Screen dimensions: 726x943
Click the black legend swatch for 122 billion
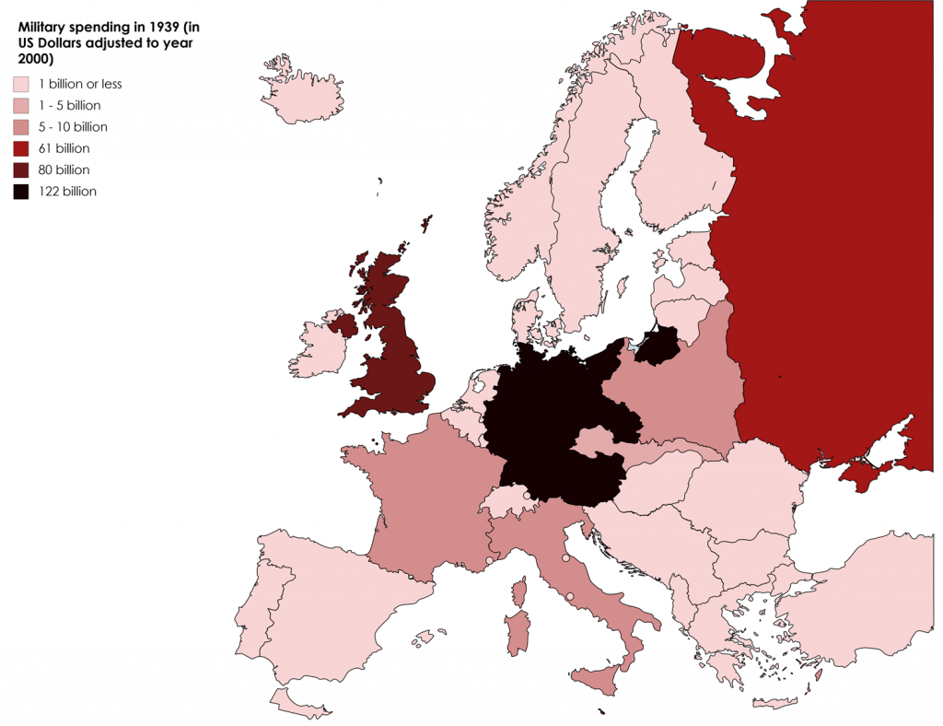pyautogui.click(x=20, y=192)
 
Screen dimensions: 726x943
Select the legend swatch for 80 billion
pyautogui.click(x=20, y=170)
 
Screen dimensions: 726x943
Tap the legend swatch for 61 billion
pyautogui.click(x=20, y=148)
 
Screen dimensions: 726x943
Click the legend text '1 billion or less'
pyautogui.click(x=80, y=84)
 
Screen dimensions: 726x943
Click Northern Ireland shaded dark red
pyautogui.click(x=343, y=323)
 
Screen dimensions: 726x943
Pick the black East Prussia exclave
pyautogui.click(x=658, y=347)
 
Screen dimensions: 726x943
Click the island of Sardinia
pyautogui.click(x=517, y=635)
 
